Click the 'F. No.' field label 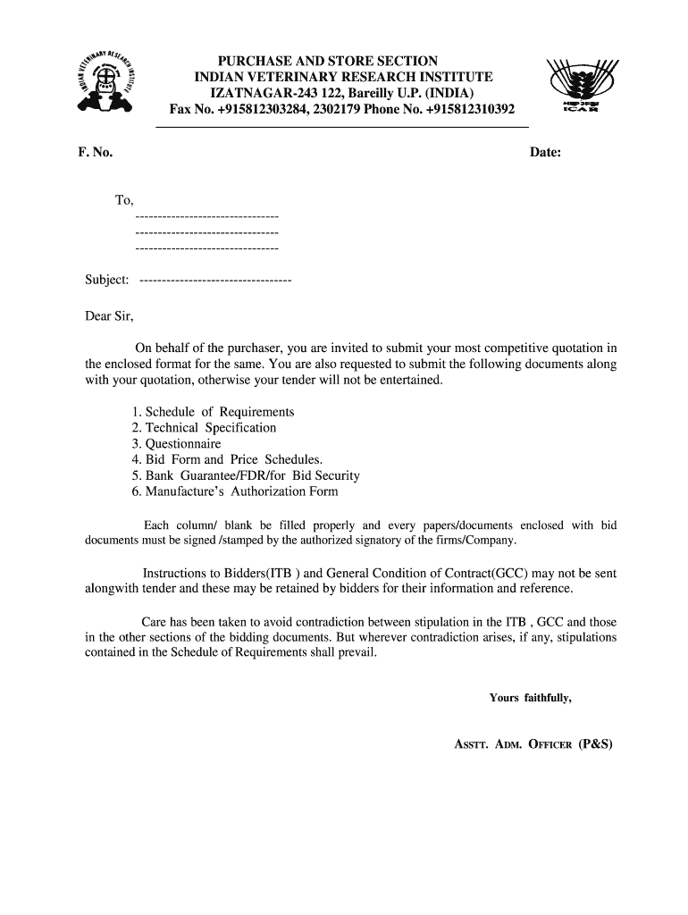pos(95,153)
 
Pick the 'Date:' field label pos(545,153)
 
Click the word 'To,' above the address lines pos(124,200)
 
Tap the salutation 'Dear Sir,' pos(109,315)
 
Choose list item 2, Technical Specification pos(204,428)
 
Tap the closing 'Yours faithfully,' pos(530,698)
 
